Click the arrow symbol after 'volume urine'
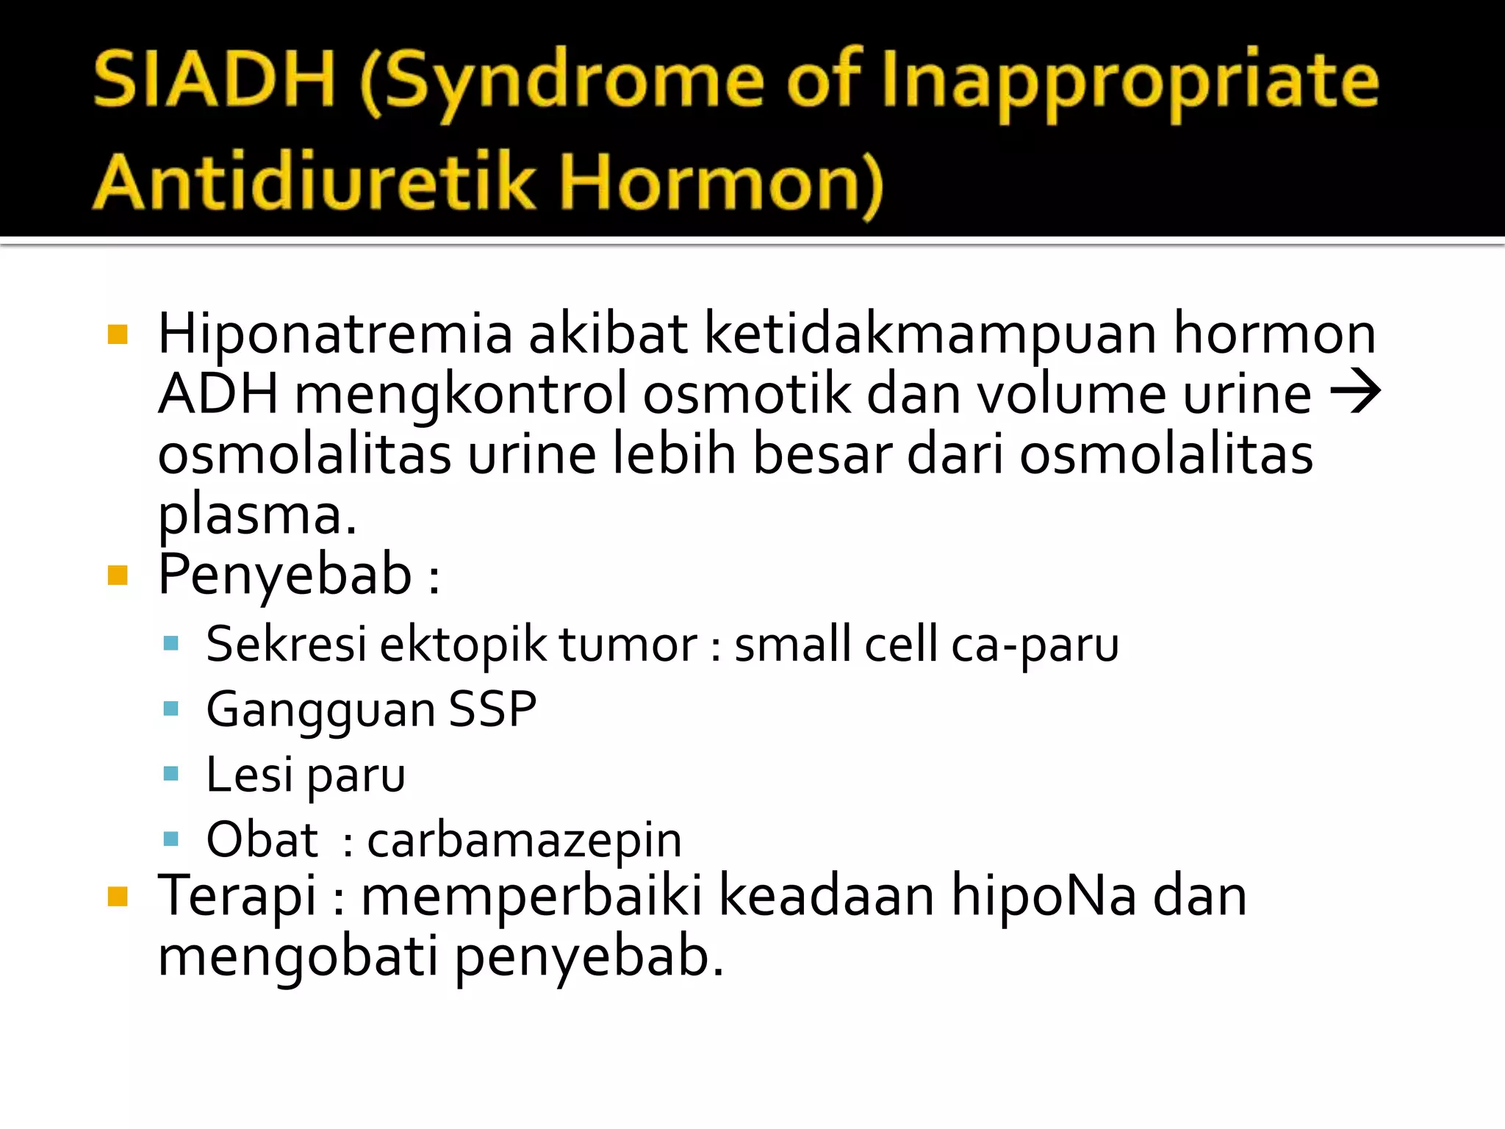(x=1355, y=393)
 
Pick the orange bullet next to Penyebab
(x=118, y=575)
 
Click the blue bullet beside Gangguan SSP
(x=171, y=709)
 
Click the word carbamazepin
(x=524, y=840)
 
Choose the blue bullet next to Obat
(x=171, y=839)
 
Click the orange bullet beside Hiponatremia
(x=118, y=335)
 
